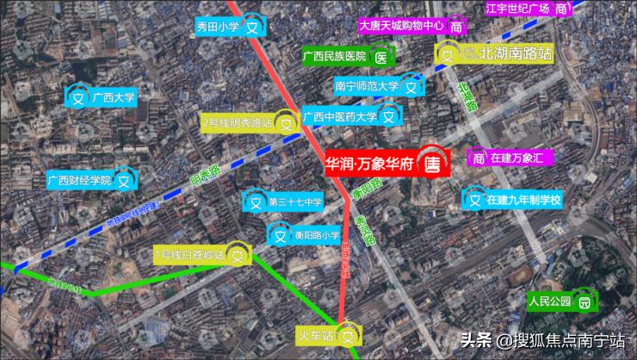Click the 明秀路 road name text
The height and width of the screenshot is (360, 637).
[x=205, y=175]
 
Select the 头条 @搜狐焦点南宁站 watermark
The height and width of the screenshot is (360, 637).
[x=542, y=341]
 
